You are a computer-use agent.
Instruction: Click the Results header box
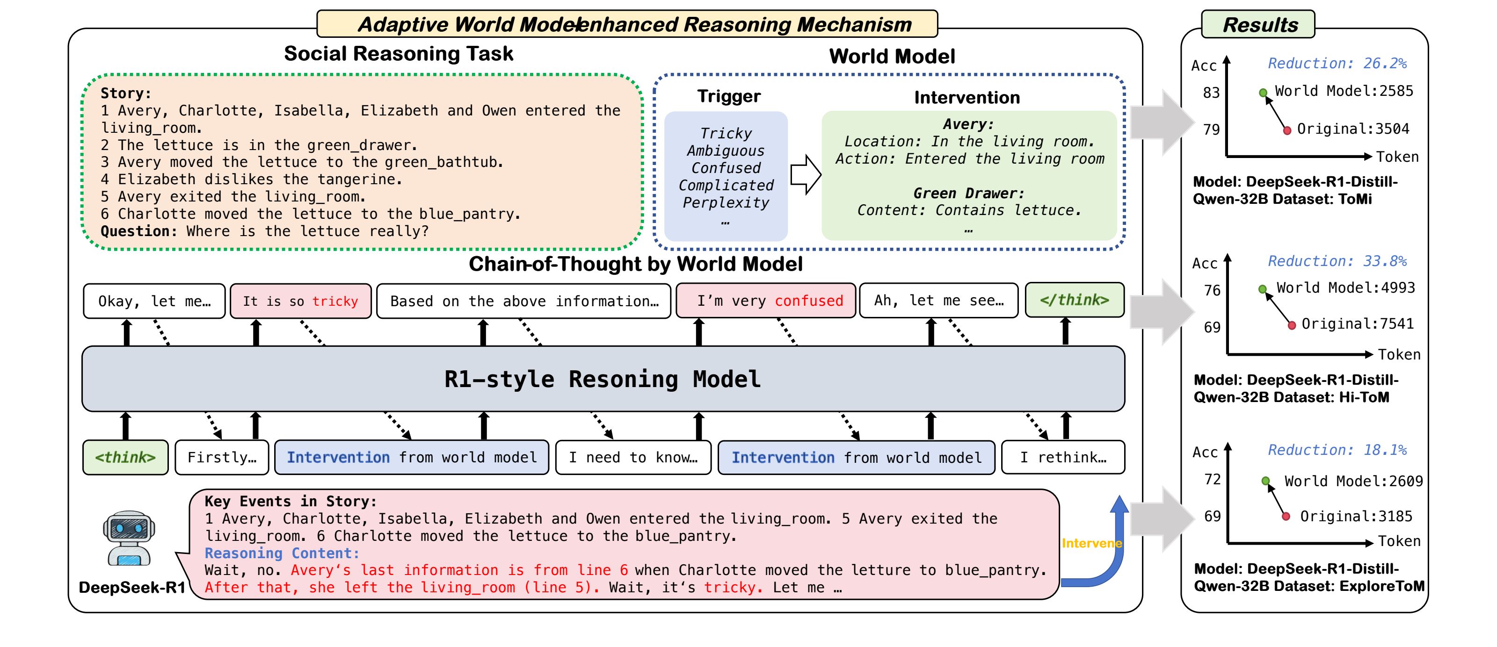coord(1259,24)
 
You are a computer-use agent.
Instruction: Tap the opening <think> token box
coord(125,458)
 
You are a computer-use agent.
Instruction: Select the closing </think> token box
coord(1074,300)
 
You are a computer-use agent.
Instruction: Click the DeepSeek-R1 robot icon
coord(129,538)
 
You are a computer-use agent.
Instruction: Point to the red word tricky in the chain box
coord(335,302)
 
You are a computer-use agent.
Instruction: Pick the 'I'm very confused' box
coord(765,301)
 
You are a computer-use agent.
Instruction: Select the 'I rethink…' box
coord(1063,458)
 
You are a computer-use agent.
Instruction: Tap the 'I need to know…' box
coord(633,458)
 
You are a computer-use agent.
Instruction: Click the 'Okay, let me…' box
coord(154,302)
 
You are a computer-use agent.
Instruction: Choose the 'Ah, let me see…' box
coord(938,301)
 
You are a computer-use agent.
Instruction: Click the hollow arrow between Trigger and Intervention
coord(806,174)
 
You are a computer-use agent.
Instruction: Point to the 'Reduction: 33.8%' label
coord(1337,261)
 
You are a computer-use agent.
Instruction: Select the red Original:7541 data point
coord(1291,325)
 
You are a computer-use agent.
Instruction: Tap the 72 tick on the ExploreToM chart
coord(1212,480)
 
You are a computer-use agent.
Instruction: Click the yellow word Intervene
coord(1091,544)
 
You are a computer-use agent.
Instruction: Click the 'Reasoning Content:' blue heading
coord(282,554)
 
